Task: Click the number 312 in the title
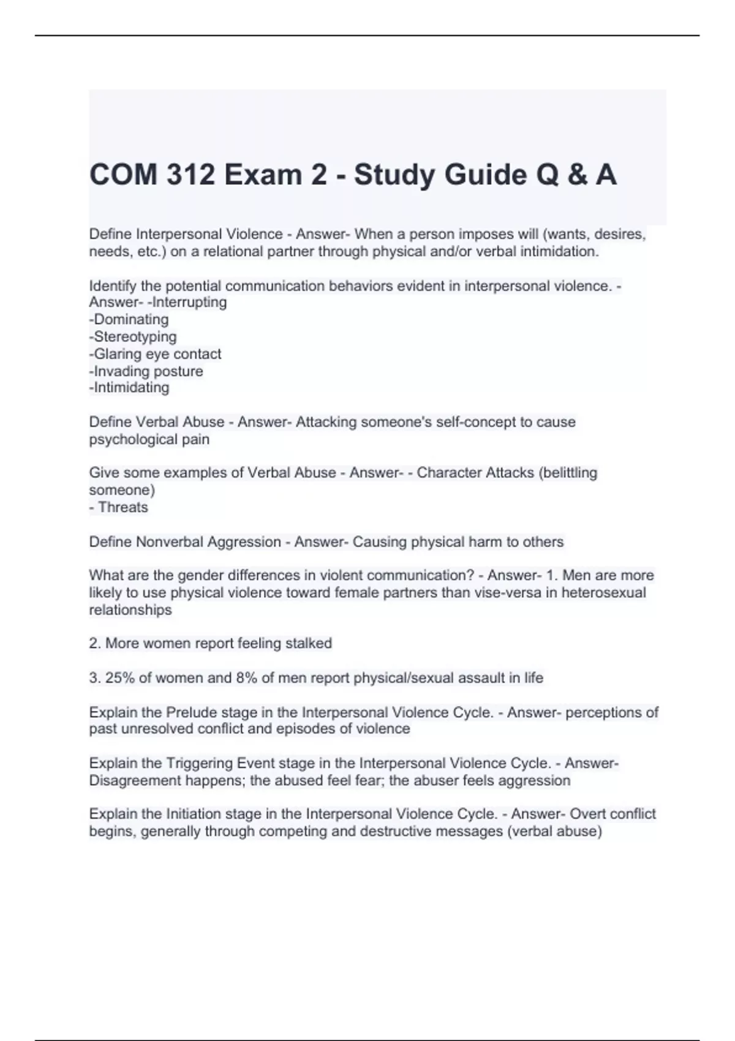pos(190,175)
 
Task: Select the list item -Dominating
pos(129,319)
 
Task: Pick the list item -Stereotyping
pos(133,336)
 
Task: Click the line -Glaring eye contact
pos(155,353)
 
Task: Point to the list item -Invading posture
pos(146,370)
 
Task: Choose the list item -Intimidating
pos(129,387)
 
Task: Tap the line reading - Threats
pos(119,507)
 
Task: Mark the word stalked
pos(309,643)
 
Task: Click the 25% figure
pos(119,678)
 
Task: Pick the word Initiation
pos(194,814)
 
